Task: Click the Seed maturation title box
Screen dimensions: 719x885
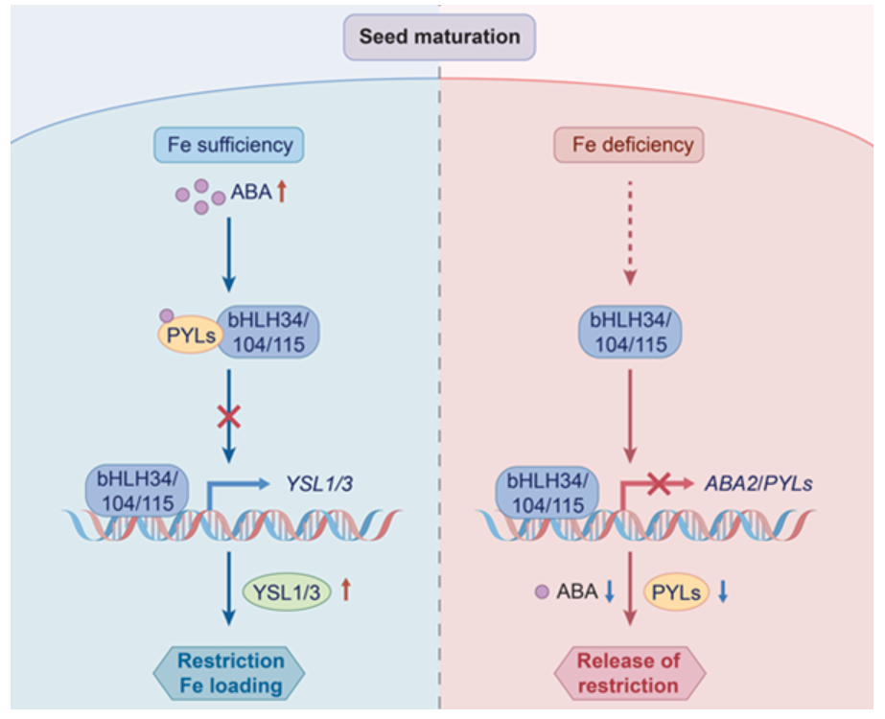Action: point(439,37)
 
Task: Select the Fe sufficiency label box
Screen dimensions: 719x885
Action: point(229,146)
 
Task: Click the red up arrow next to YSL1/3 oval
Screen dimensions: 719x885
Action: point(346,591)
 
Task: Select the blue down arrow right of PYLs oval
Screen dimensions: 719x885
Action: point(723,591)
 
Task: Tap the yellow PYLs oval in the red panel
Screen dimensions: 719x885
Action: point(677,592)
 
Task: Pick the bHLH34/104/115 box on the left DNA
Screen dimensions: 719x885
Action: point(138,489)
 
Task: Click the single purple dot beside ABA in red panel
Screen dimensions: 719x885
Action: point(542,591)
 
